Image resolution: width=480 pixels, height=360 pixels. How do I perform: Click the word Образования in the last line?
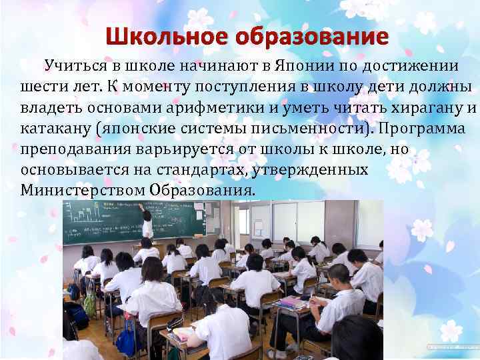[x=203, y=191]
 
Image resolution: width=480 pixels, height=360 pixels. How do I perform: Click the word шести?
[x=42, y=87]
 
